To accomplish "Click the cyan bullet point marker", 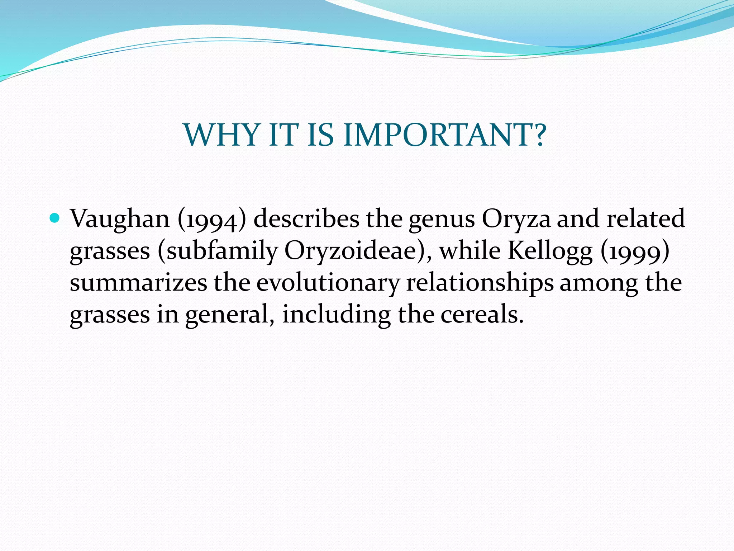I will click(55, 217).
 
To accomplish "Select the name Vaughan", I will click(120, 219).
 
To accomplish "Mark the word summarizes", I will click(138, 283).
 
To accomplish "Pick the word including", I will click(336, 315).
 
